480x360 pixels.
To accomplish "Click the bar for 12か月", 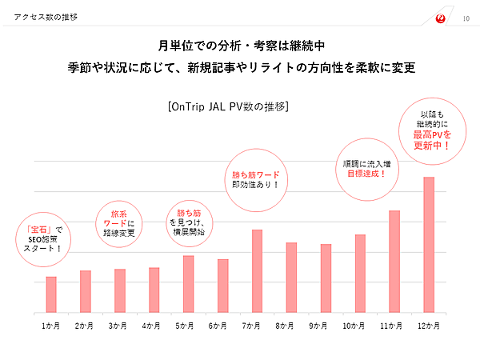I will (428, 244).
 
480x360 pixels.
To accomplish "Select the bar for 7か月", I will (257, 270).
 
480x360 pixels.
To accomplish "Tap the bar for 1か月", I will (51, 294).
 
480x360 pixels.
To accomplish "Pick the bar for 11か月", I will (394, 261).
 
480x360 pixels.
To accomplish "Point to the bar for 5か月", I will (188, 283).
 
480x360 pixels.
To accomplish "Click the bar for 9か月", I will (326, 278).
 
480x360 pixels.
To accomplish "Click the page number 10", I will (466, 18).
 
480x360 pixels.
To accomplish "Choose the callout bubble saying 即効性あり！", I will (254, 179).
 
